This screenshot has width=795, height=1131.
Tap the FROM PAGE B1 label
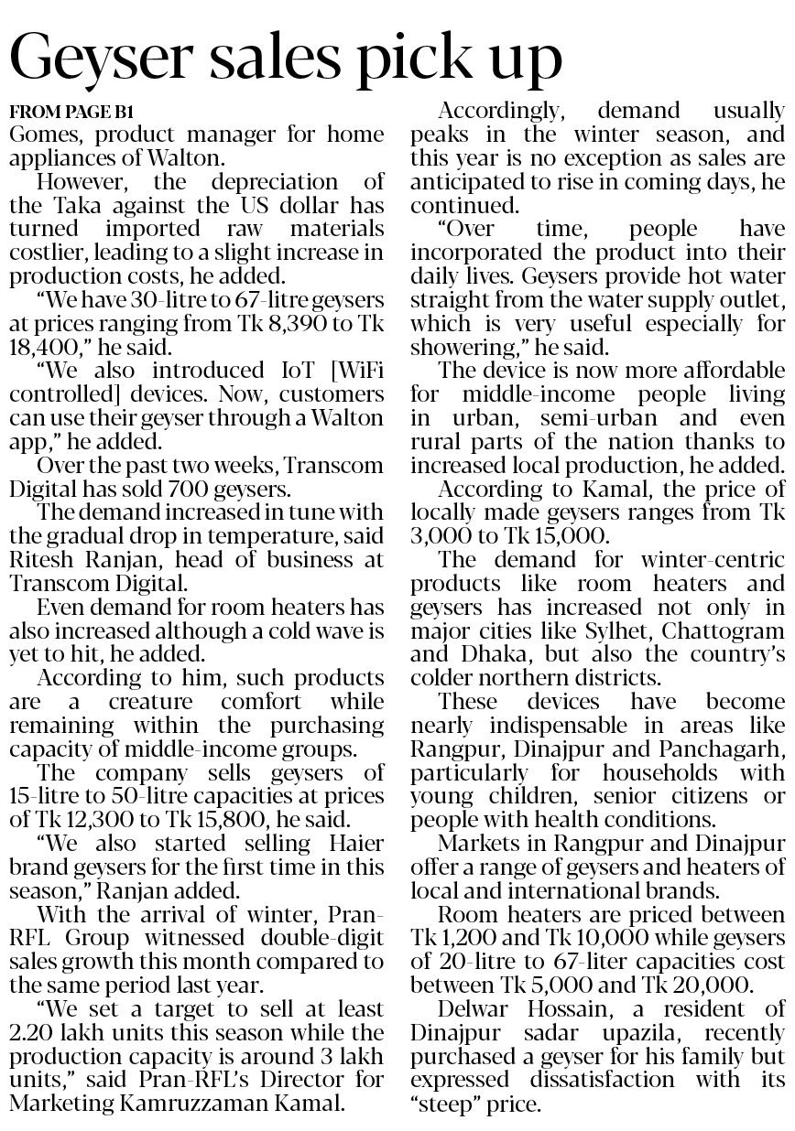pos(71,113)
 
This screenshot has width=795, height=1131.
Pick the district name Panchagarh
pos(724,749)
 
